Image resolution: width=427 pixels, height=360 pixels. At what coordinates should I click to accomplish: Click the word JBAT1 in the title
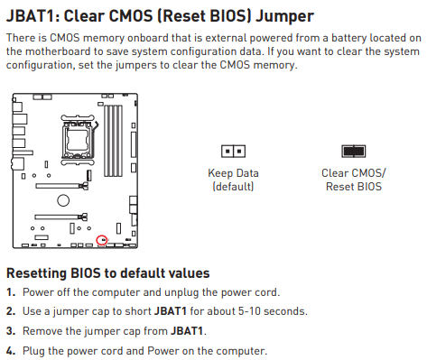click(x=32, y=16)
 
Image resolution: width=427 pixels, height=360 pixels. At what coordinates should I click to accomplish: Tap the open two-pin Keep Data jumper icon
click(x=233, y=151)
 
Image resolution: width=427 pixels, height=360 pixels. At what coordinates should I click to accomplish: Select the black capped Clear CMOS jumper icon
click(x=354, y=151)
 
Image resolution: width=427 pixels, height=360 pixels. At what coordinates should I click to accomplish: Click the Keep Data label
click(x=233, y=173)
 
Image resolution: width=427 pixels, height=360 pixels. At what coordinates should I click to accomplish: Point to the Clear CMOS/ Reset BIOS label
click(x=354, y=180)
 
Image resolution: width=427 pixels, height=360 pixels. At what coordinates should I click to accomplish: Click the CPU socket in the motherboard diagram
click(x=78, y=140)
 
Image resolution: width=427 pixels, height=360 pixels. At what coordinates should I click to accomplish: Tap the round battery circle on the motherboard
click(x=63, y=200)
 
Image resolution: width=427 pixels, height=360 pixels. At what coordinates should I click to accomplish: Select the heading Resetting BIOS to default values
click(x=108, y=273)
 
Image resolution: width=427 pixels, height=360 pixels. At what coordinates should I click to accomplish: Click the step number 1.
click(x=11, y=292)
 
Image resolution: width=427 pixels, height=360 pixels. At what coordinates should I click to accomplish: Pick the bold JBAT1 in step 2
click(x=171, y=311)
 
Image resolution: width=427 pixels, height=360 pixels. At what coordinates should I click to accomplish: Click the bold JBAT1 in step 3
click(x=187, y=331)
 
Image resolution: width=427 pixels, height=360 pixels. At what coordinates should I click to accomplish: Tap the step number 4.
click(x=11, y=351)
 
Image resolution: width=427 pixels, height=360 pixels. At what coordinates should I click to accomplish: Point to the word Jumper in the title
click(x=284, y=17)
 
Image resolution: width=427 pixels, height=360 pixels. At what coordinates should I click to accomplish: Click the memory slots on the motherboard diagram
click(x=114, y=141)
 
